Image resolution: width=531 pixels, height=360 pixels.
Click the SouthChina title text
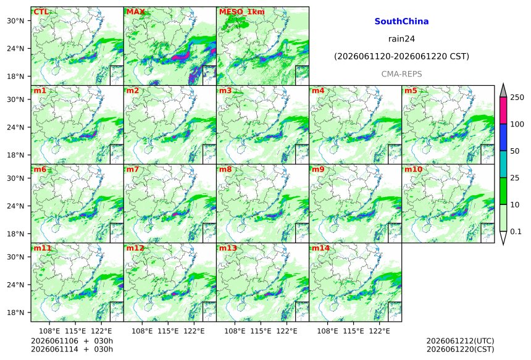tap(401, 22)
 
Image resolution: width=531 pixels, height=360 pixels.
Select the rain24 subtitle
tap(401, 39)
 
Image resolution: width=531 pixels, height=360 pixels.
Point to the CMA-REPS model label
tap(401, 74)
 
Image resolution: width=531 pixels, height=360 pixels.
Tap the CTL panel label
tap(41, 12)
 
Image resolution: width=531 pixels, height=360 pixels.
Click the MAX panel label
tap(135, 12)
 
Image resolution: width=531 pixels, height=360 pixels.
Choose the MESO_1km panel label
tap(242, 12)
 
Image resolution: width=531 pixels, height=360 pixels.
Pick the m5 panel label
tap(411, 91)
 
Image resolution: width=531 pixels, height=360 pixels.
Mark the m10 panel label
tap(413, 169)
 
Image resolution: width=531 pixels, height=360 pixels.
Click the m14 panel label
tap(320, 248)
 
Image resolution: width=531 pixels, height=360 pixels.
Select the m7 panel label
tap(132, 169)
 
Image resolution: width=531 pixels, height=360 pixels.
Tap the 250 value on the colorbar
tap(517, 98)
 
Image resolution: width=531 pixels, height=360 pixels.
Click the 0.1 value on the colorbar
tap(516, 232)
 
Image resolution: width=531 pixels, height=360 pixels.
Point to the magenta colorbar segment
tap(503, 111)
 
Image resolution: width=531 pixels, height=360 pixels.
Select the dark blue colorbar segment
tap(503, 137)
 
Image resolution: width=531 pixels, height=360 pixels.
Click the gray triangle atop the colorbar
tap(503, 91)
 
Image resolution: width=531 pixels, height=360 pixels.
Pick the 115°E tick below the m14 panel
tap(354, 330)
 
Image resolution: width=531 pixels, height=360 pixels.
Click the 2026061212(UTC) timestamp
tap(460, 341)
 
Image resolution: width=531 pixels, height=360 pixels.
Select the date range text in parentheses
tap(401, 56)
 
